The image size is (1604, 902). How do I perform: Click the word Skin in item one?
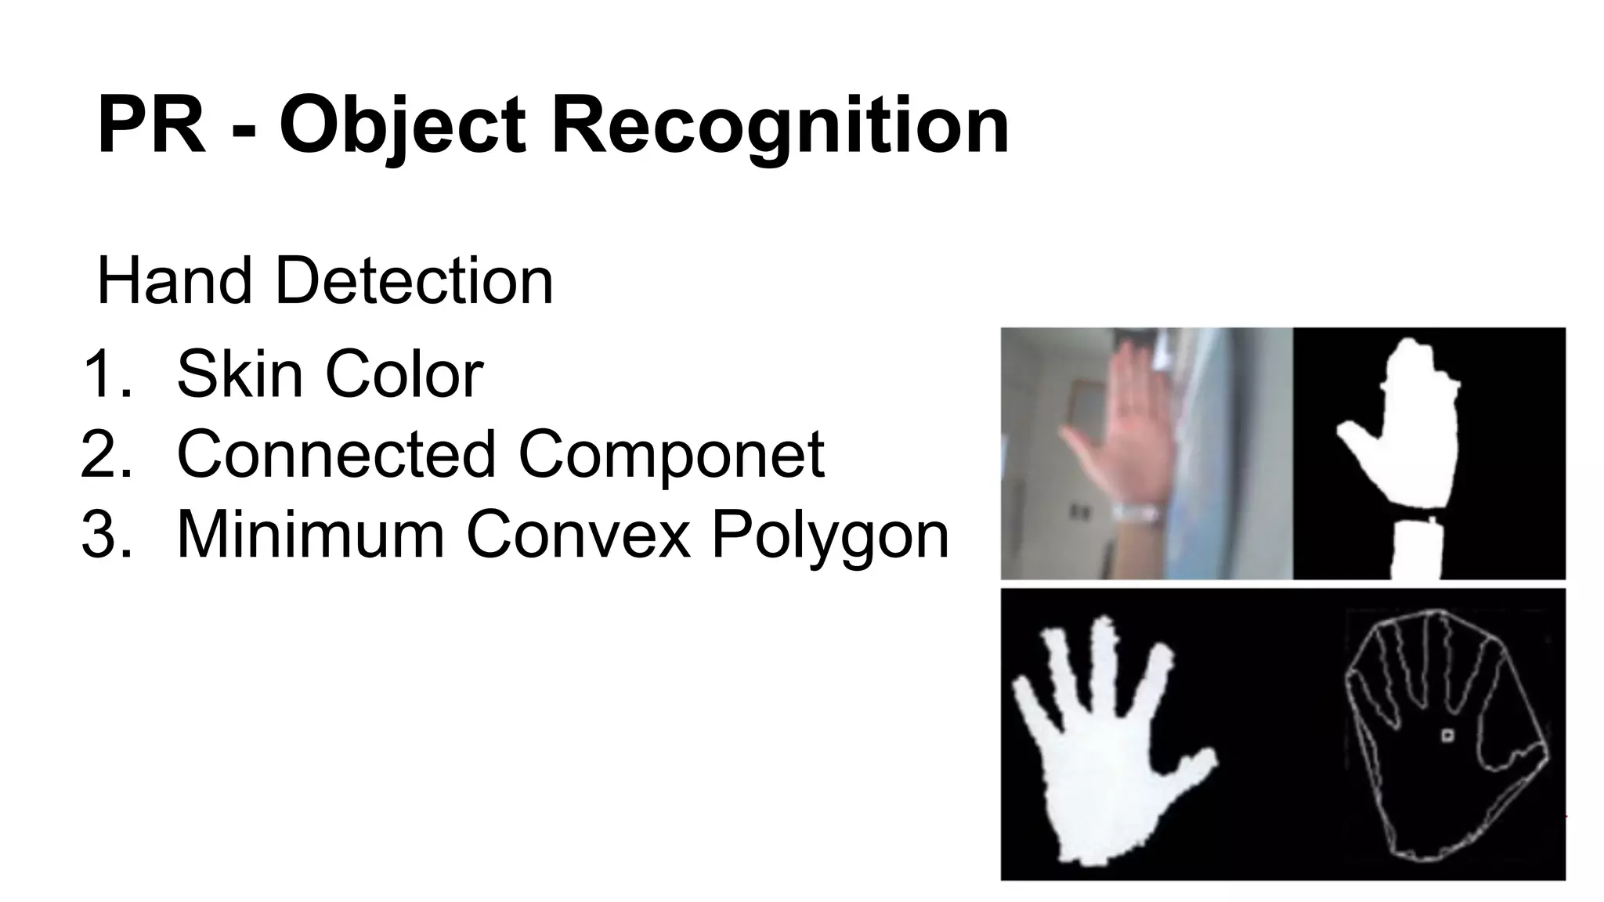[239, 374]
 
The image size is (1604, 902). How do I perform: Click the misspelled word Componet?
[671, 453]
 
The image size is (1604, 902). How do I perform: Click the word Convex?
[578, 535]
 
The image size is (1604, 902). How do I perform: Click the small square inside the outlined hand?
[1447, 735]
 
